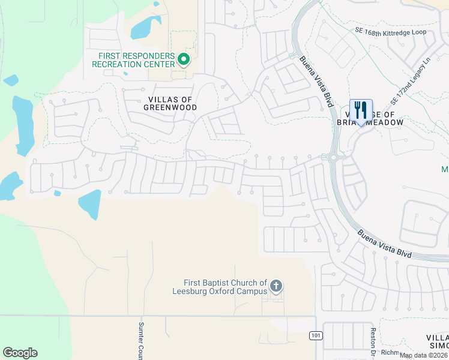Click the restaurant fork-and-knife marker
pyautogui.click(x=361, y=110)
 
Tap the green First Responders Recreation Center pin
pyautogui.click(x=184, y=59)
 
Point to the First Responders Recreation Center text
pyautogui.click(x=137, y=61)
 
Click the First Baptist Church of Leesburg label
pyautogui.click(x=225, y=287)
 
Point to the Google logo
pyautogui.click(x=20, y=353)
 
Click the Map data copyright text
pyautogui.click(x=424, y=355)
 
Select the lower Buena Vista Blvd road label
pyautogui.click(x=384, y=245)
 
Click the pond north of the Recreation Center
pyautogui.click(x=145, y=27)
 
